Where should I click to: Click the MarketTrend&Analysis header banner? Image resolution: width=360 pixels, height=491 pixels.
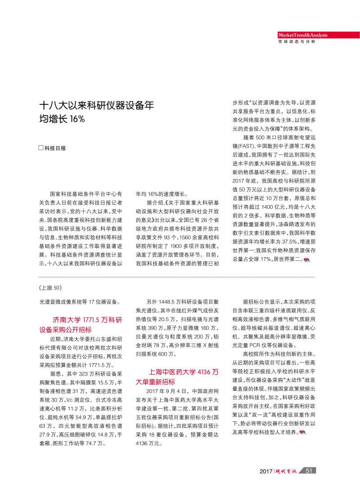point(302,35)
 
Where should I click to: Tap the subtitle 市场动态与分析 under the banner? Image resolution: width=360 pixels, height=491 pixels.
point(297,42)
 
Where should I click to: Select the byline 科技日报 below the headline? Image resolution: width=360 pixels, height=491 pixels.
point(58,148)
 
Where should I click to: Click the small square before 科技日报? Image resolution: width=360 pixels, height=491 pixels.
point(41,148)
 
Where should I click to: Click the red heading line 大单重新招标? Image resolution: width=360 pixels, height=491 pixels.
point(155,381)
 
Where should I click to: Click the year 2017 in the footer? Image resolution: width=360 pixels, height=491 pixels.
point(266,471)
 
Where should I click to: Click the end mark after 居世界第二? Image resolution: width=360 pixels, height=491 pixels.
point(307,260)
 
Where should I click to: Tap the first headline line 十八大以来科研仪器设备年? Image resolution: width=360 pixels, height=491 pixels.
point(96,106)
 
